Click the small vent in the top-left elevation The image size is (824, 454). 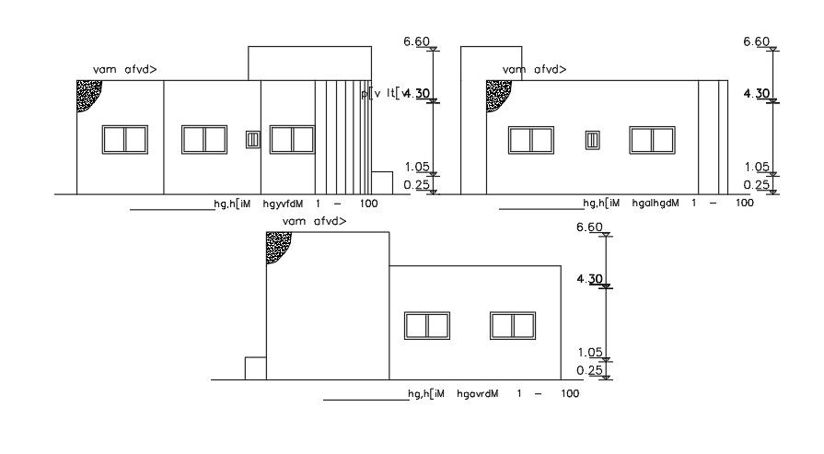click(x=253, y=139)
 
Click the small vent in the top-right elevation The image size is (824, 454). click(x=594, y=139)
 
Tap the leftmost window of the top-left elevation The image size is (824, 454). click(x=124, y=139)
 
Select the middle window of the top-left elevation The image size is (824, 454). click(x=204, y=139)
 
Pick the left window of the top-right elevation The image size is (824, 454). click(x=531, y=139)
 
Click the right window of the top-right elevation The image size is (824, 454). click(x=653, y=139)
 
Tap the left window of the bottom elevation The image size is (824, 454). click(x=427, y=325)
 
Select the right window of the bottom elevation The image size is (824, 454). click(x=513, y=325)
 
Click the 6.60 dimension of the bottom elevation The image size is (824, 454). click(x=588, y=227)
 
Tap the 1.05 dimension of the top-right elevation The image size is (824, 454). click(x=756, y=167)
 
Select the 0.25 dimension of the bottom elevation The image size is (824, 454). click(x=588, y=370)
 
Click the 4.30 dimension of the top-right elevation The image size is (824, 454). click(x=756, y=93)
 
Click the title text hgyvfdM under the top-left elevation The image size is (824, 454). click(x=283, y=204)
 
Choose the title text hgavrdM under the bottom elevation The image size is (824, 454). click(x=477, y=394)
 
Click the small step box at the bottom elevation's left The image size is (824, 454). click(x=255, y=367)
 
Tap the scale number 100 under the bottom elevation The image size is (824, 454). click(x=569, y=394)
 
